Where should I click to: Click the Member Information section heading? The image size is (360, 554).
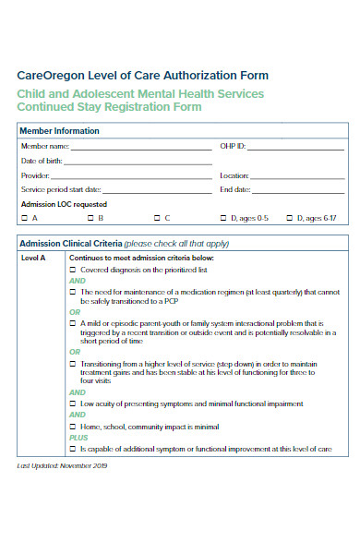pos(59,131)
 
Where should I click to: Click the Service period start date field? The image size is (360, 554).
pos(148,190)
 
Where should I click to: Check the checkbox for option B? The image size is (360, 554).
pos(90,218)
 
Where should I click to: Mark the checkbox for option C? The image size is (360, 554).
pos(156,218)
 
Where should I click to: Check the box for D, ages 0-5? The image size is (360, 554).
pos(222,218)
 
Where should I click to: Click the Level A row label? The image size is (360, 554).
pos(33,259)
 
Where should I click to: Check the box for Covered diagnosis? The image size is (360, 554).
pos(73,270)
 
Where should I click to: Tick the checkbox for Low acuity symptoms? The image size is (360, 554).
pos(73,404)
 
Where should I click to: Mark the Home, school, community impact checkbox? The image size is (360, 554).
pos(73,427)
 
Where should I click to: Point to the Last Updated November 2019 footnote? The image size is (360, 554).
pos(63,466)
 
